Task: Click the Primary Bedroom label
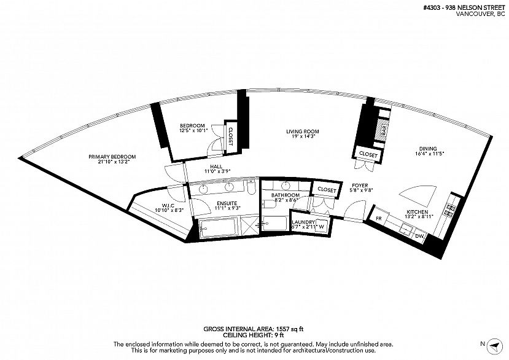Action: click(x=112, y=157)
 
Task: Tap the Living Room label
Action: click(x=302, y=131)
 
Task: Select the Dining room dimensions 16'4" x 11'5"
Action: click(x=430, y=154)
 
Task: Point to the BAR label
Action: click(x=384, y=131)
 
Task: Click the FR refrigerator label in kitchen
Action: click(x=378, y=219)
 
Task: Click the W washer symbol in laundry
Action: click(x=321, y=227)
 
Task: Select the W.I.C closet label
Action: click(x=168, y=206)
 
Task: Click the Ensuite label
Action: click(x=227, y=204)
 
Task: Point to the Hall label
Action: click(x=216, y=166)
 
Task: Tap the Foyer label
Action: click(x=360, y=186)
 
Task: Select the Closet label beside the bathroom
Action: click(x=327, y=190)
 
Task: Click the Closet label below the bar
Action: click(x=368, y=155)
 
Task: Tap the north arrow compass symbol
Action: click(x=494, y=346)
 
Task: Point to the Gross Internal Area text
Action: click(x=253, y=329)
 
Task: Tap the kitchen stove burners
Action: click(x=450, y=210)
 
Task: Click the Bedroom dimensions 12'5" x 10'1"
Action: click(x=193, y=131)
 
